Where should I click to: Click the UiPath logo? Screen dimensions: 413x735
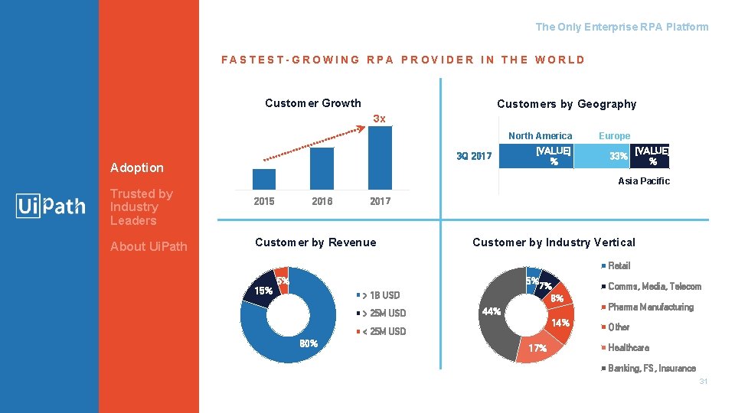point(51,206)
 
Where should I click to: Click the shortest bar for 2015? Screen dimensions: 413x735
point(263,179)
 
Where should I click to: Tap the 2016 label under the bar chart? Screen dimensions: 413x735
point(322,201)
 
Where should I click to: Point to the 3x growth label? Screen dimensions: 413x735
point(379,119)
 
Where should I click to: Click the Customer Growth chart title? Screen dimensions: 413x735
point(312,103)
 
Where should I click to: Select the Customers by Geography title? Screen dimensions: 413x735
point(566,104)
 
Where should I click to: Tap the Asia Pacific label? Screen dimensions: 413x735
point(643,181)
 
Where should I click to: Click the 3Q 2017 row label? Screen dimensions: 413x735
point(474,157)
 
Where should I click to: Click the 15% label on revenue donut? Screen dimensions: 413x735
point(263,291)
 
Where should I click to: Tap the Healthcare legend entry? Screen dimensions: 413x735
point(628,347)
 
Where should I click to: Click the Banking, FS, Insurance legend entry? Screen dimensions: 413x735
point(651,368)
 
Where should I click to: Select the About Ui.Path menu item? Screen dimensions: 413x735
point(149,246)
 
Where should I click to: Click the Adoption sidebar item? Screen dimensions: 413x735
point(137,167)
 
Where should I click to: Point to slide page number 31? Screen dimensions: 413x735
point(703,381)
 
